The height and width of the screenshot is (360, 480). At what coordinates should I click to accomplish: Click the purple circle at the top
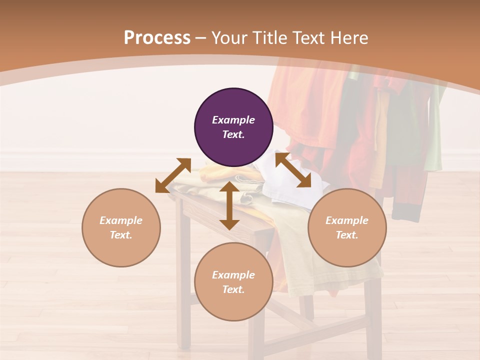pyautogui.click(x=233, y=127)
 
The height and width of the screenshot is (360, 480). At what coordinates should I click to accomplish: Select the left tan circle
pyautogui.click(x=121, y=227)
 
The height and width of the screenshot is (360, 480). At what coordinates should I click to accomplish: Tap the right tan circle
pyautogui.click(x=347, y=227)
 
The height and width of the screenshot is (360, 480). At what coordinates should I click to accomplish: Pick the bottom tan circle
pyautogui.click(x=233, y=282)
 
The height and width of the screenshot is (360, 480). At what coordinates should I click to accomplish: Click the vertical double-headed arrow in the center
pyautogui.click(x=229, y=205)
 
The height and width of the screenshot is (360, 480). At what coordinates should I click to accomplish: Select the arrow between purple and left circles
pyautogui.click(x=173, y=175)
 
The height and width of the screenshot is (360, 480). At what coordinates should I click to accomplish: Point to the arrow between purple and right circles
pyautogui.click(x=293, y=170)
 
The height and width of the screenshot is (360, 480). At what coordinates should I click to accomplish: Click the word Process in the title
pyautogui.click(x=157, y=37)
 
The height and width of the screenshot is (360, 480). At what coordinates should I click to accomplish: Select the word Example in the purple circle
pyautogui.click(x=233, y=120)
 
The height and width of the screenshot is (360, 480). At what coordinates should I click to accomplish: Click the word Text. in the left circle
pyautogui.click(x=121, y=235)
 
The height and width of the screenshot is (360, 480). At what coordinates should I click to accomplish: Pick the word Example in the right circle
pyautogui.click(x=347, y=220)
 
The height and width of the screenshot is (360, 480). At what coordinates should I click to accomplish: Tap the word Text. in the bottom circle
pyautogui.click(x=233, y=289)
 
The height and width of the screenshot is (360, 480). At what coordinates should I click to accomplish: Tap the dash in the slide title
pyautogui.click(x=201, y=38)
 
